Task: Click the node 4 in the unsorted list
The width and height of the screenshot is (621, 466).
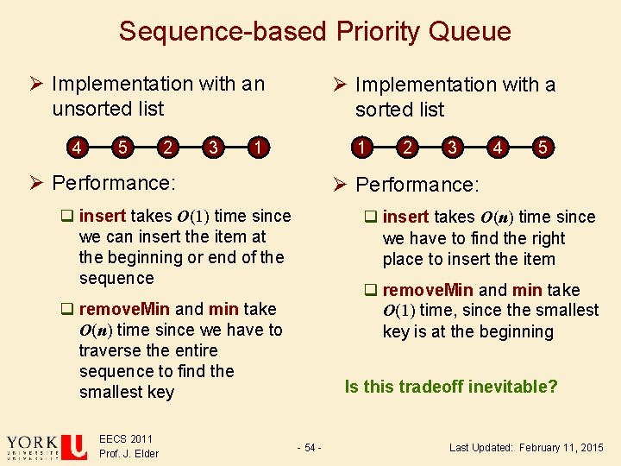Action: (78, 147)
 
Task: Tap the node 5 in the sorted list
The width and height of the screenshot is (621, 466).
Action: (542, 148)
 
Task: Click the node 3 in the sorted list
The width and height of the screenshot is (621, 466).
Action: (452, 148)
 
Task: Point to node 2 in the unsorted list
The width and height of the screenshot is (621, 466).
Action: (167, 147)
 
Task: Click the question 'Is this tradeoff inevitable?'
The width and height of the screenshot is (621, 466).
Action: (451, 387)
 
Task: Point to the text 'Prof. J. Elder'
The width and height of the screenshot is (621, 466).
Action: (129, 454)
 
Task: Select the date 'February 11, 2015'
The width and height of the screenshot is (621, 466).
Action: (561, 447)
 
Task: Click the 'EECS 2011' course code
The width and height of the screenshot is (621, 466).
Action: (126, 439)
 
